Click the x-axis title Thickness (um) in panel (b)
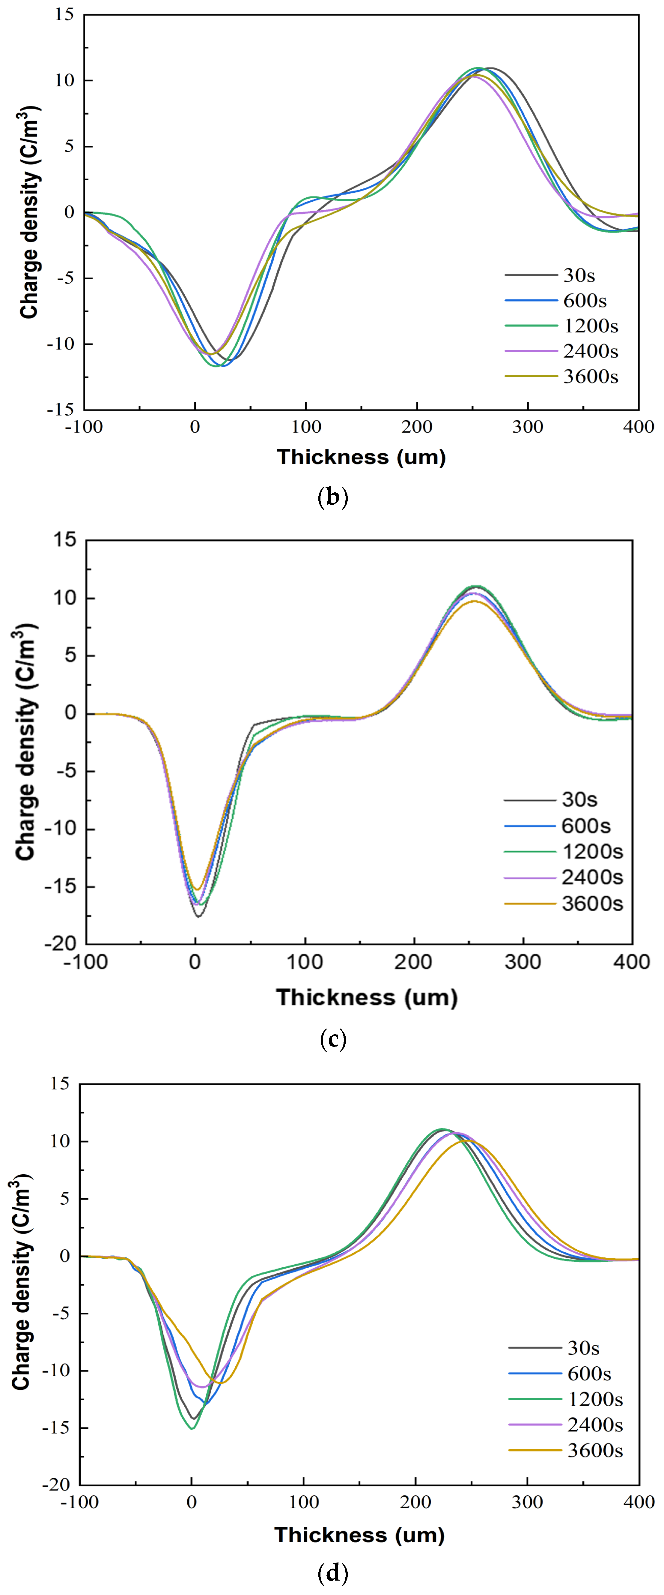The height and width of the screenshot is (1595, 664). pyautogui.click(x=362, y=457)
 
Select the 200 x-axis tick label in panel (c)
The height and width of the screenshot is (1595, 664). pyautogui.click(x=413, y=962)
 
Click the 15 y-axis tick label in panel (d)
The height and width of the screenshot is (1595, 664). pyautogui.click(x=61, y=1083)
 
